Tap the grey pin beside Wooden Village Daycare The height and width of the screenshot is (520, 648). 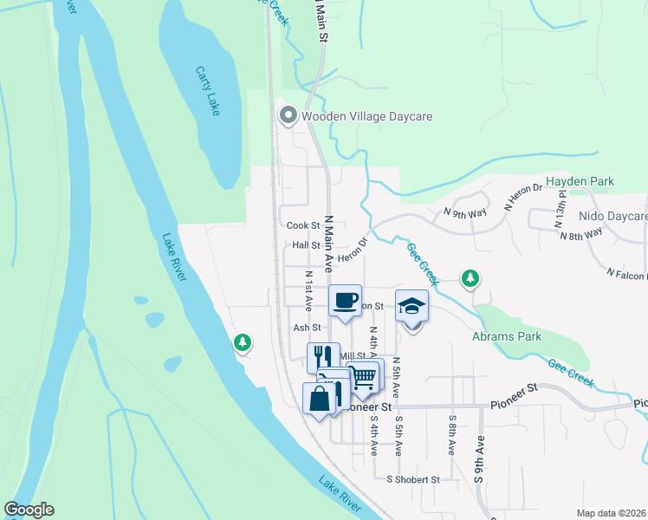[x=288, y=115]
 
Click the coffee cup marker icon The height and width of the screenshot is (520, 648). [x=346, y=300]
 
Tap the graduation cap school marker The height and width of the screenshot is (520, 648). [x=412, y=306]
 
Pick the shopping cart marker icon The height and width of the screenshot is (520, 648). [x=364, y=376]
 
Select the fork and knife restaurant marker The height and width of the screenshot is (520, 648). [x=323, y=356]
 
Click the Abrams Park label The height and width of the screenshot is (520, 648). [x=506, y=336]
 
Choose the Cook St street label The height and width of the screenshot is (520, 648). [x=303, y=225]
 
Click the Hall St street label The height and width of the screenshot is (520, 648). [x=306, y=246]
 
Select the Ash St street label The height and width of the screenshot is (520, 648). [x=307, y=328]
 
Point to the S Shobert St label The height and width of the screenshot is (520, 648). [x=413, y=479]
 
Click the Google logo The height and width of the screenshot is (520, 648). [x=29, y=510]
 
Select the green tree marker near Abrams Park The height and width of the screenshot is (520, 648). [x=470, y=277]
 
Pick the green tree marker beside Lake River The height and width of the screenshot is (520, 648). [x=243, y=343]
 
